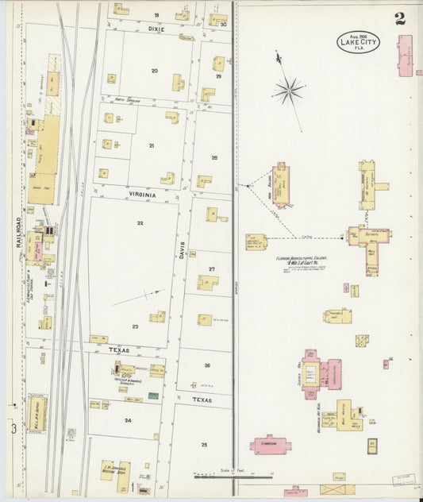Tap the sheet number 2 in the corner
click(x=399, y=20)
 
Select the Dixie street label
click(x=156, y=29)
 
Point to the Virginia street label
click(x=140, y=193)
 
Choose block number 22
click(x=140, y=223)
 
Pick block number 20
click(x=155, y=71)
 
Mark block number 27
click(x=212, y=269)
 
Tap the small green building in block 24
click(x=153, y=395)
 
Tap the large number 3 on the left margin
click(x=13, y=429)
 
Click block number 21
click(x=151, y=145)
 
